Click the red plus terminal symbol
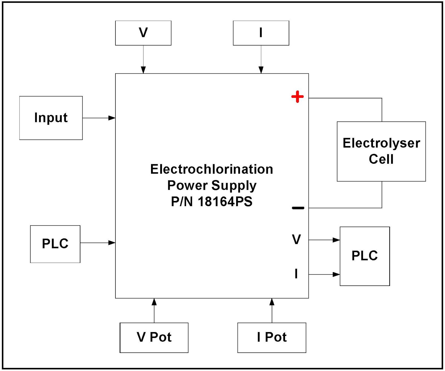tap(297, 97)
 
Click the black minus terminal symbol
tap(298, 208)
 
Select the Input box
tap(51, 118)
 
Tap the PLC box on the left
tap(55, 244)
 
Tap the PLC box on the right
tap(365, 256)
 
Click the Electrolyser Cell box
tap(381, 151)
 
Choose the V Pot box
tap(154, 337)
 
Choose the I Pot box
tap(271, 337)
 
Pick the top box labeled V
tap(143, 33)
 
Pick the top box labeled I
tap(261, 33)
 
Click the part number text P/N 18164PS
tap(212, 202)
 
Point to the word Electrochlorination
tap(212, 169)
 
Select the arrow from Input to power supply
tap(99, 118)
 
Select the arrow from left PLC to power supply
tap(98, 243)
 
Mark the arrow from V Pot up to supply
tap(154, 310)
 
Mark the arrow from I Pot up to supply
tap(272, 310)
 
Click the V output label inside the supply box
tap(296, 240)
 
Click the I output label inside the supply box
tap(296, 274)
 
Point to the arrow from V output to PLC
tap(324, 240)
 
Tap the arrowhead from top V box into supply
tap(143, 70)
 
